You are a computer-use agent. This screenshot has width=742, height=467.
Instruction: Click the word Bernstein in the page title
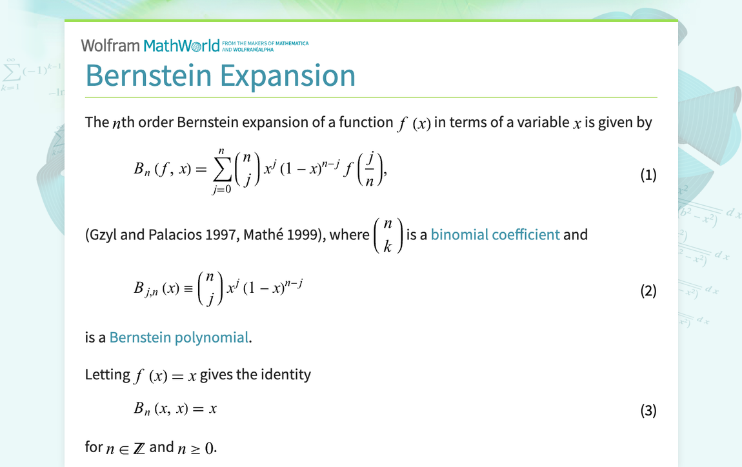tap(148, 75)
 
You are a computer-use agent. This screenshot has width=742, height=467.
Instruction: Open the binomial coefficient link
tap(495, 234)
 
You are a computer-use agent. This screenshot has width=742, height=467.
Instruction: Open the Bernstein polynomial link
tap(179, 337)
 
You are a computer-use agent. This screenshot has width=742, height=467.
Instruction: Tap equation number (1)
tap(648, 175)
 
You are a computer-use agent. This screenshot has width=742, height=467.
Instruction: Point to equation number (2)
tap(648, 291)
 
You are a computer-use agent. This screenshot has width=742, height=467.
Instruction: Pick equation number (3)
tap(648, 410)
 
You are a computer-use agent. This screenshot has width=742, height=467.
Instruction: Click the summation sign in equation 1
tap(221, 171)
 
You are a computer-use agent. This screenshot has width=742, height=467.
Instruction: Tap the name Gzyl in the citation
tap(103, 234)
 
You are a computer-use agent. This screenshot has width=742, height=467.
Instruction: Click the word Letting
tap(108, 374)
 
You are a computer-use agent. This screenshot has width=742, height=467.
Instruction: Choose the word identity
tap(286, 374)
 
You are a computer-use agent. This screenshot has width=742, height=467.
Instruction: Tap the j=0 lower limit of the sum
tap(221, 191)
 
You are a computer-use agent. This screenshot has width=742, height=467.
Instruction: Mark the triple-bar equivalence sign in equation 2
tap(188, 289)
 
